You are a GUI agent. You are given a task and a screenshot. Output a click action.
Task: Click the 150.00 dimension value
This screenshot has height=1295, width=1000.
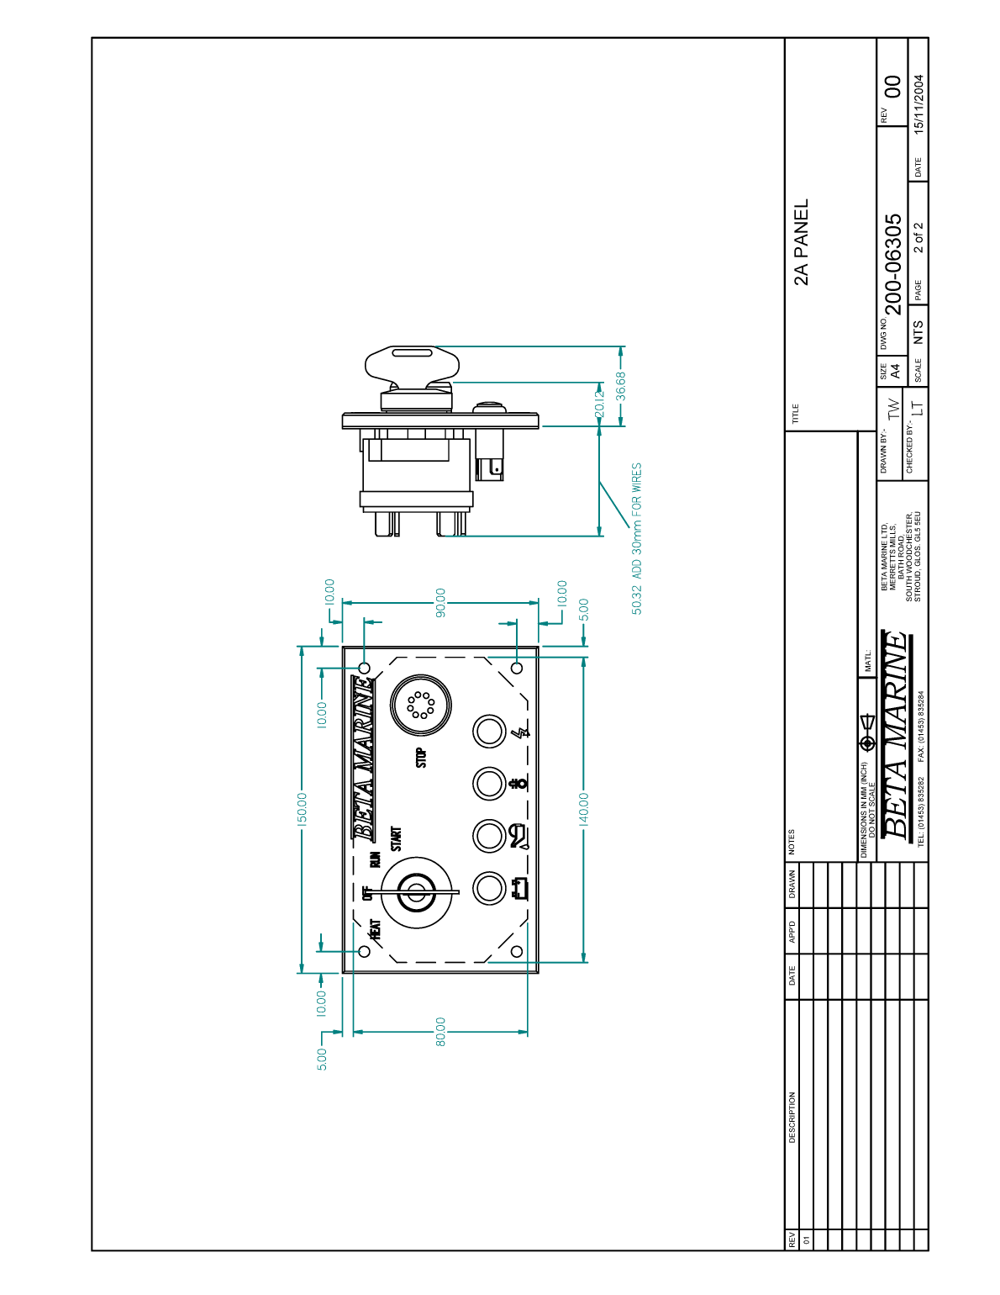303,809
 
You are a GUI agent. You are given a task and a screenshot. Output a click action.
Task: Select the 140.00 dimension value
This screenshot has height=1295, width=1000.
584,809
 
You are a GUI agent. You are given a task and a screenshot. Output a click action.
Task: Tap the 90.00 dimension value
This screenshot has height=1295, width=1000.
440,601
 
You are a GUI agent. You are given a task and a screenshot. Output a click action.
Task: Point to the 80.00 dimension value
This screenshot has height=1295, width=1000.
440,1032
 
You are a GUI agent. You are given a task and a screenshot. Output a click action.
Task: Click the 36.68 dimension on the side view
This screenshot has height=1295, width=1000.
621,386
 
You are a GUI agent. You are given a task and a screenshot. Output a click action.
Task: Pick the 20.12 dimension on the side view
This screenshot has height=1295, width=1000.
599,404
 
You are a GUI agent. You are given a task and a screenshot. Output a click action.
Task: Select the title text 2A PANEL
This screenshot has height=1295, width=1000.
802,242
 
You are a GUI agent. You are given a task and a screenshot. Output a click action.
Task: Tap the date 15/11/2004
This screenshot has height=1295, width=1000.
919,104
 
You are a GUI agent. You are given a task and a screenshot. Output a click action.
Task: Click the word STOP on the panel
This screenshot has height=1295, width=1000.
421,758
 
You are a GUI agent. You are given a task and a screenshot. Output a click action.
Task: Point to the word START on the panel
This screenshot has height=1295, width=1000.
396,838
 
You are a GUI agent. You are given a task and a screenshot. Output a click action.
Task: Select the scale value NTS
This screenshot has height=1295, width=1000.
918,331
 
